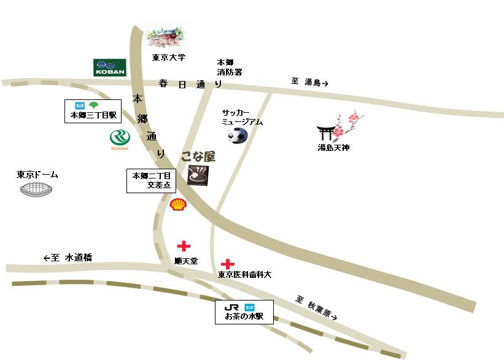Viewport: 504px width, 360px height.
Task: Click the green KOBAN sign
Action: click(x=109, y=67)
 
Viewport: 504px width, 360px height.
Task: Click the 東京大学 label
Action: click(x=168, y=58)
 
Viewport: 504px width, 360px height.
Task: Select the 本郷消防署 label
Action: click(x=229, y=67)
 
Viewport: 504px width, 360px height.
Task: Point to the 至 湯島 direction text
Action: click(x=310, y=82)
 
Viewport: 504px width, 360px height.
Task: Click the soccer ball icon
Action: click(x=238, y=135)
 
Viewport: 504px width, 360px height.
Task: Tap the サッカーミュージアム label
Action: click(x=242, y=117)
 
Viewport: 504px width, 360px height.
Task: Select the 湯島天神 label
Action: click(x=333, y=148)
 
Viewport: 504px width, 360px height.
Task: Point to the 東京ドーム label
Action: click(x=37, y=175)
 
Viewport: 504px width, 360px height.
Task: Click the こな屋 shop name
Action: click(x=198, y=157)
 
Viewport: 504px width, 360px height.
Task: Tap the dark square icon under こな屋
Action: click(x=198, y=176)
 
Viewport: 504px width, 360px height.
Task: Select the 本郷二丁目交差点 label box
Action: click(x=151, y=180)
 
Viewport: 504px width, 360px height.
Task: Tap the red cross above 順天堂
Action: click(x=184, y=247)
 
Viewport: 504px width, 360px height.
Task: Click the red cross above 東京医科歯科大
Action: click(x=228, y=264)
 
